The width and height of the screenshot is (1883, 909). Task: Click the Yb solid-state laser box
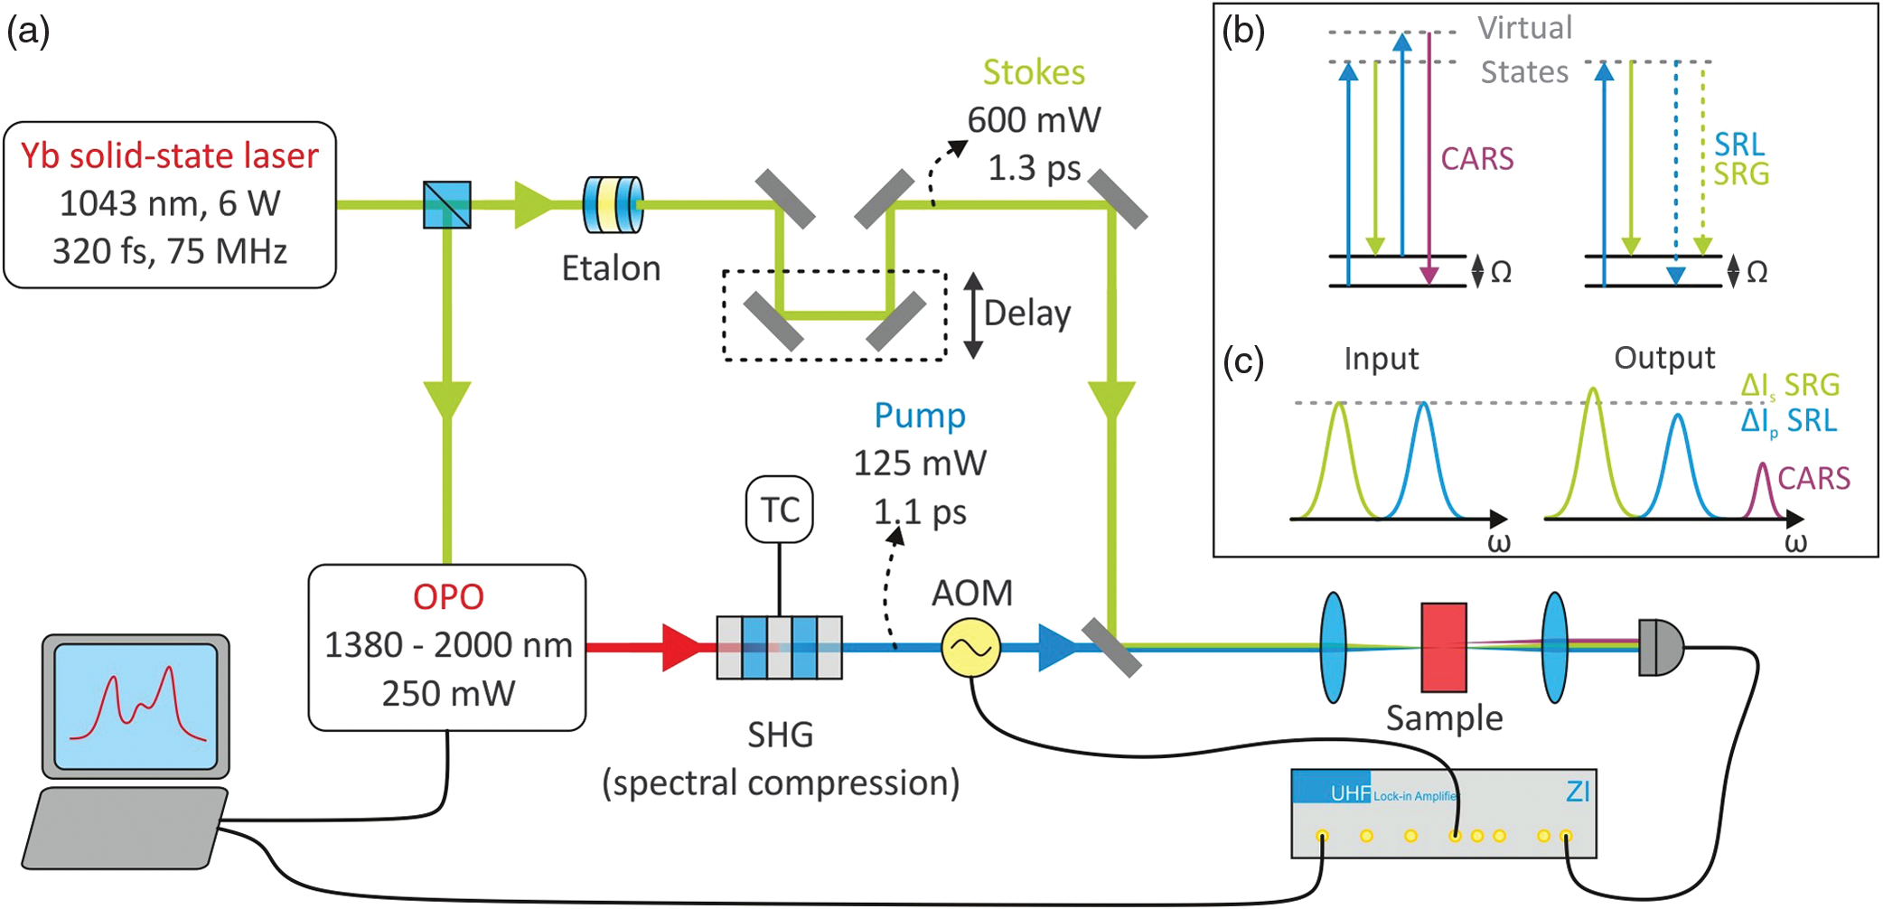170,205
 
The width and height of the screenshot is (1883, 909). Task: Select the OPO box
447,647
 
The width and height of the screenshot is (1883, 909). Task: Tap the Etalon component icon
614,205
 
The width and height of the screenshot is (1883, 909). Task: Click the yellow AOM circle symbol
970,648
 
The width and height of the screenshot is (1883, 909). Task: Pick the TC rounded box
780,510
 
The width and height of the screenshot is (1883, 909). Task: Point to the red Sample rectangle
1443,647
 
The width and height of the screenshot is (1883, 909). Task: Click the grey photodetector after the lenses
1660,647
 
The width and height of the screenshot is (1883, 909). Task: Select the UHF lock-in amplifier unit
1443,813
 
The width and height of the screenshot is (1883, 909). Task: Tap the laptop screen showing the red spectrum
136,706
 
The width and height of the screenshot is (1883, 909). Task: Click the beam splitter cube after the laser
447,205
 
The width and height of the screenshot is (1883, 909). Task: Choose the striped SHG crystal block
779,648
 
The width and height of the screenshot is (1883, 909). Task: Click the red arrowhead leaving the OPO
682,647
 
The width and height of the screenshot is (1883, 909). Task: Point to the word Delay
1027,314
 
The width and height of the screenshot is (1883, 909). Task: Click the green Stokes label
1034,72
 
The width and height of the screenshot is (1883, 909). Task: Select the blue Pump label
920,416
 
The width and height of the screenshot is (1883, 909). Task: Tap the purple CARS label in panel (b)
1476,159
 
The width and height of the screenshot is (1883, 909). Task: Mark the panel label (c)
1242,361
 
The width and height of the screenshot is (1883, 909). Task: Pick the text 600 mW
1034,120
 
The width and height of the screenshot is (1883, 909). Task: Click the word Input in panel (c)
1381,359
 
